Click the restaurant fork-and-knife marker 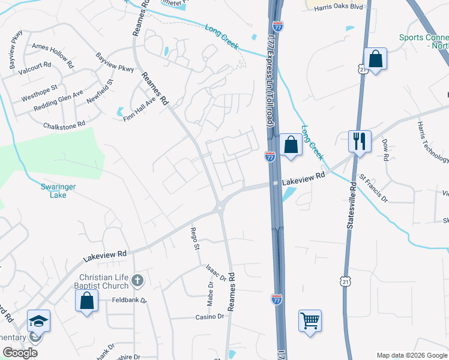pos(360,142)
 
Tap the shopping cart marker pos(310,321)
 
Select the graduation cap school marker pos(38,321)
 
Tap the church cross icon pos(137,280)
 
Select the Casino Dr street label pos(209,316)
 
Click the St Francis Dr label pos(374,187)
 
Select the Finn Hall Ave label pos(139,110)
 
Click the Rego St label pos(194,238)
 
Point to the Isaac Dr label pos(215,273)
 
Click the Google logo pos(20,353)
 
